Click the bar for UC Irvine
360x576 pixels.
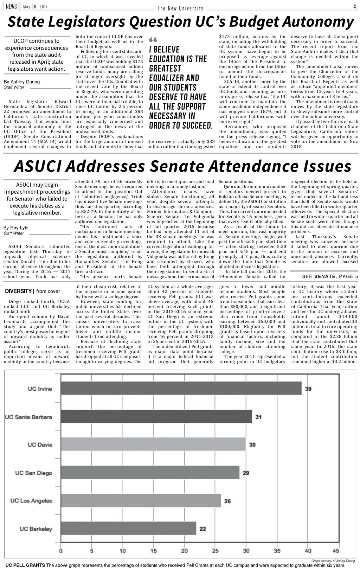tap(181, 389)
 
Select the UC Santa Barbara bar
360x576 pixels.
tap(156, 417)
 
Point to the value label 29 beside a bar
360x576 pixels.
tap(246, 473)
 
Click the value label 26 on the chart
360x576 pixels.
tap(227, 501)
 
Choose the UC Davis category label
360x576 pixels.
tap(40, 445)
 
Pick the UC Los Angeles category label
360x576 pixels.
tap(31, 501)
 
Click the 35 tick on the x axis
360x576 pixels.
tap(277, 551)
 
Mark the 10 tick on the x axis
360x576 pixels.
tap(123, 551)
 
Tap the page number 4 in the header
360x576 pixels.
tap(355, 7)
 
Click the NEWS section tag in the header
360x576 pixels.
tap(11, 7)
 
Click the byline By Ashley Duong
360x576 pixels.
tap(21, 82)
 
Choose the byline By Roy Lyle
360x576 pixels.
tap(16, 228)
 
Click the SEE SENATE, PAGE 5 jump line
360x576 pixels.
tap(330, 276)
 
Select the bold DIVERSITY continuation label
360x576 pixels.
tap(18, 291)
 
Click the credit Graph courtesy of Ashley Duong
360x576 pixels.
tap(333, 561)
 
